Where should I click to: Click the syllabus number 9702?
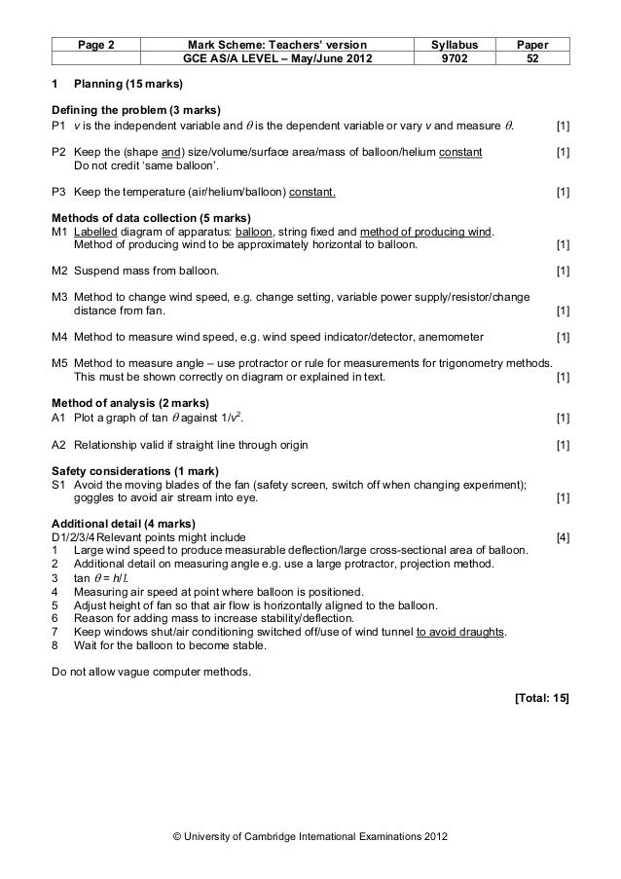[x=447, y=58]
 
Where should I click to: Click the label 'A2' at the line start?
[x=58, y=445]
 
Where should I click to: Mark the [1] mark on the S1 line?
[x=562, y=498]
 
